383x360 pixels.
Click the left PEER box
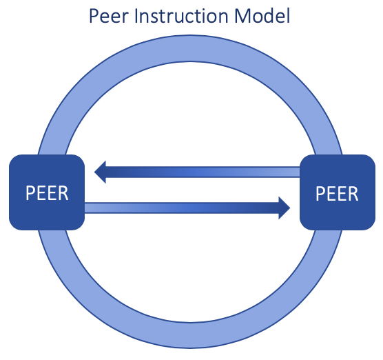click(x=46, y=192)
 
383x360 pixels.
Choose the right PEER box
click(x=337, y=192)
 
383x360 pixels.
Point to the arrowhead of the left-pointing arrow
click(x=101, y=171)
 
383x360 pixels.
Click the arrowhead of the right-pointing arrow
click(x=282, y=207)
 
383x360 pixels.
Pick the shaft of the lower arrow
click(x=179, y=207)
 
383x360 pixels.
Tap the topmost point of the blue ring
click(x=191, y=41)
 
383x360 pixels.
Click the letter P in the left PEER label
click(x=30, y=193)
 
